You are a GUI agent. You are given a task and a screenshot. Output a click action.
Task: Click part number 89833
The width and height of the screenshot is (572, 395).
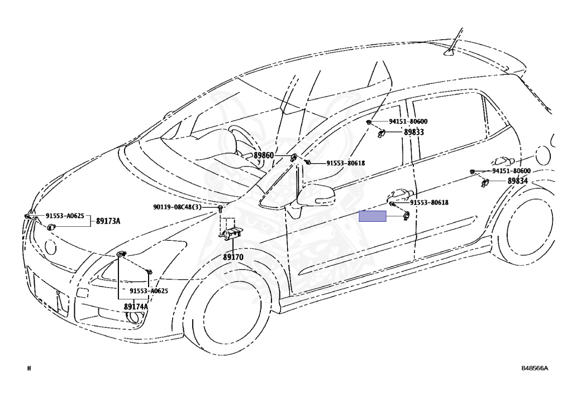click(x=414, y=132)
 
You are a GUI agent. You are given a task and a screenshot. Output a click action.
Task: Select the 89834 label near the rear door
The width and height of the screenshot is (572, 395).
click(x=517, y=181)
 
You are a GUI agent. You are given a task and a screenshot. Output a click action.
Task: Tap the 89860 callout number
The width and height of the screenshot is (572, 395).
click(x=264, y=156)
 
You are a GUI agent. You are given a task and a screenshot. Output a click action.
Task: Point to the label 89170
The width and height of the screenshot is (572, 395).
click(x=233, y=258)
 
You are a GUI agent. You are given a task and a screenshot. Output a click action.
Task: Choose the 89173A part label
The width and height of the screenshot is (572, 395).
click(x=108, y=221)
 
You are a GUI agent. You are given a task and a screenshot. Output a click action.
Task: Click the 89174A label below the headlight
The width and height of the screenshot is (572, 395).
click(x=136, y=307)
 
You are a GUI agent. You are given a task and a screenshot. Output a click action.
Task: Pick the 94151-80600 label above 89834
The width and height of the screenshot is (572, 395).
click(x=511, y=171)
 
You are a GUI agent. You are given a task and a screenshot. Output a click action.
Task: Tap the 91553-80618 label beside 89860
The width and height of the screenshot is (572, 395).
click(x=346, y=163)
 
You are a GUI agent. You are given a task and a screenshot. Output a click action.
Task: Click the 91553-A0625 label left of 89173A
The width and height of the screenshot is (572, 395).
click(x=65, y=216)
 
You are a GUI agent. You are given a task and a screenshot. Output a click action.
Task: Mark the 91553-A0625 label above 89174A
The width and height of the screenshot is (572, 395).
click(x=149, y=291)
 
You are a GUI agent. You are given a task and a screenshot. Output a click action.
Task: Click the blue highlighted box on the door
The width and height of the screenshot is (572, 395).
click(x=373, y=217)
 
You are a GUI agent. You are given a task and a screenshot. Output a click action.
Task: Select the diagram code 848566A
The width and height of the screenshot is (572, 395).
click(x=535, y=368)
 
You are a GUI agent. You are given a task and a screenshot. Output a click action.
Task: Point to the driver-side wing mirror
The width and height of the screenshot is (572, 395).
click(x=315, y=196)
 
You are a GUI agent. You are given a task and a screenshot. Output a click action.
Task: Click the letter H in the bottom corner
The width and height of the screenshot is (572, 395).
click(x=29, y=368)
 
